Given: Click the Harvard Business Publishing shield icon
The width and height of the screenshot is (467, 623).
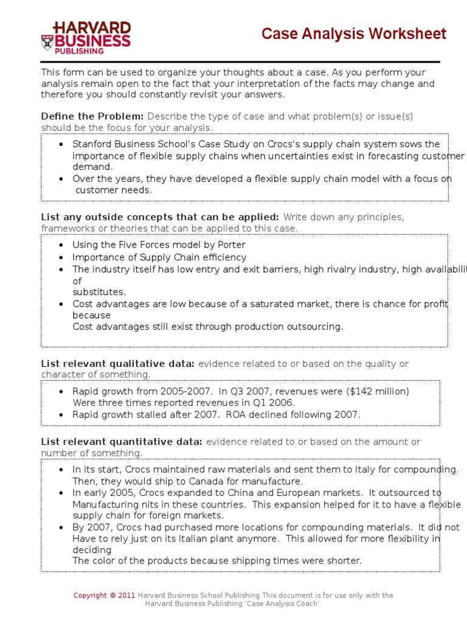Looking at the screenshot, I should point(47,41).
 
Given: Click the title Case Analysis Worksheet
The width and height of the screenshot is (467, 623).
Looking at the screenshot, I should point(353,34).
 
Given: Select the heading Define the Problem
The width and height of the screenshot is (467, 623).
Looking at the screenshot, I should point(92,116).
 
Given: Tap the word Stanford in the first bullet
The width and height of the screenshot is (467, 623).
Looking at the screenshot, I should point(92,144).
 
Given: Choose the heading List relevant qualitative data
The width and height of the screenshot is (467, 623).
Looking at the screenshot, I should point(118,364).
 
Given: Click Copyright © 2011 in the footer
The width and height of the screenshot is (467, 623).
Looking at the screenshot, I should point(104,596).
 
